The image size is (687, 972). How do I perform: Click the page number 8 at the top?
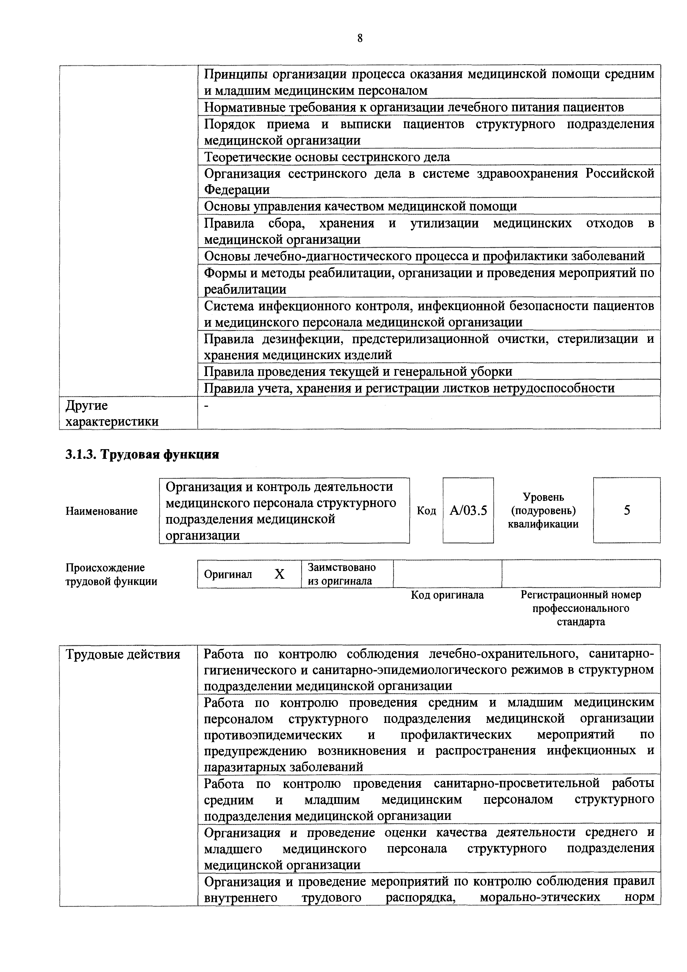[360, 39]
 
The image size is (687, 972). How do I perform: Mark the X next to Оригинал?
[280, 574]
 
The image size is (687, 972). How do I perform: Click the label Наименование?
[102, 511]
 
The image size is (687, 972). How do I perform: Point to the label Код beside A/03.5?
[426, 511]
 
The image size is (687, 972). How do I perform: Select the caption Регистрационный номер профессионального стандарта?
[581, 608]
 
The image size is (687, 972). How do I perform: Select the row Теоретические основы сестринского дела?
[327, 157]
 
